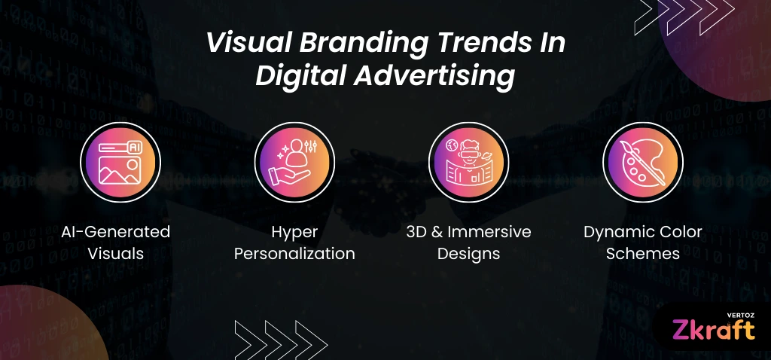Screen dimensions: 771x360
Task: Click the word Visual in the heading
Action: (x=249, y=43)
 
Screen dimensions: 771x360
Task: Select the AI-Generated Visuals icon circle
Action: (x=120, y=162)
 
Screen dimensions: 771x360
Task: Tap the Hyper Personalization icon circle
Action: (x=294, y=162)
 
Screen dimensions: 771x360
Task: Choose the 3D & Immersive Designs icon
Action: (x=468, y=162)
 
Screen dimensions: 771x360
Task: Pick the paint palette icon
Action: (x=643, y=162)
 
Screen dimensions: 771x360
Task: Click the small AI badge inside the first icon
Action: (x=134, y=147)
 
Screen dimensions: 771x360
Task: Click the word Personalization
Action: (x=294, y=254)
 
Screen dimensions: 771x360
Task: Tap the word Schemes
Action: (x=643, y=254)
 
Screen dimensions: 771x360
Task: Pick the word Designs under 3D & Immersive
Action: (x=468, y=255)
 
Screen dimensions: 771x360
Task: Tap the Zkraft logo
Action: (x=713, y=330)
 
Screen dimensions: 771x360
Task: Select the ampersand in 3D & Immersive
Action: (x=437, y=232)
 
